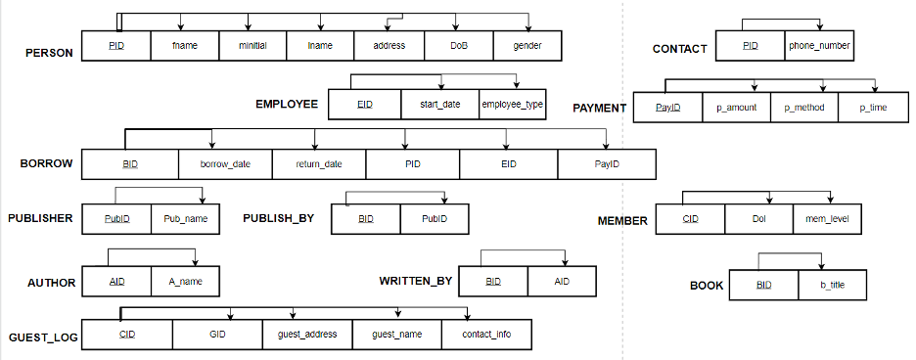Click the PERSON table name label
[x=49, y=53]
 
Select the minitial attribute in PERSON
[x=252, y=46]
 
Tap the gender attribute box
[x=527, y=46]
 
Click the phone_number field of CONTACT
[x=819, y=46]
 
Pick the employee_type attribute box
[x=513, y=104]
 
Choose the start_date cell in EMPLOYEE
[x=440, y=104]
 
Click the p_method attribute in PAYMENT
[x=804, y=108]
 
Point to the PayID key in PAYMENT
[x=667, y=108]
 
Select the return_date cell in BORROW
[x=319, y=164]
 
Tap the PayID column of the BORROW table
[x=607, y=164]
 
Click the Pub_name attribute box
[x=185, y=219]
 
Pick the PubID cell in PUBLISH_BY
[x=435, y=219]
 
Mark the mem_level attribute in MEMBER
[x=827, y=220]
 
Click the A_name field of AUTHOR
[x=185, y=282]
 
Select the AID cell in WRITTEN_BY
[x=562, y=282]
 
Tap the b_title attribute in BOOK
[x=832, y=285]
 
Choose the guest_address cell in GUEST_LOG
[x=307, y=335]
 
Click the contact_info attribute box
[x=486, y=335]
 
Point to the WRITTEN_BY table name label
[x=416, y=282]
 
